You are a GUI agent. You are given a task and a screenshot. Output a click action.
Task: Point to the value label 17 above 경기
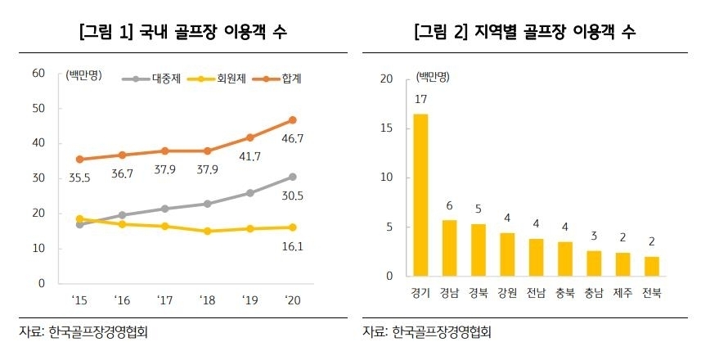coord(420,100)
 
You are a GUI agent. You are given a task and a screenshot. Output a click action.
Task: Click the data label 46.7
coord(292,139)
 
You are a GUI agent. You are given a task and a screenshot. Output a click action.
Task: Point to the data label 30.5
coord(292,196)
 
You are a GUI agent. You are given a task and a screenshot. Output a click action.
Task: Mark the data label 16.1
coord(292,245)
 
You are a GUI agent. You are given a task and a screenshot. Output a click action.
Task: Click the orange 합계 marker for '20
coord(292,120)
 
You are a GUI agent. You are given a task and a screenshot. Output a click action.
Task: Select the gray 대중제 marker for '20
coord(292,177)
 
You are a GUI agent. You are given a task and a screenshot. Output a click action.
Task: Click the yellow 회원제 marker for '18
coord(208,231)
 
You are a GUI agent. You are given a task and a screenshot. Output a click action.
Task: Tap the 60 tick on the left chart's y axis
coord(38,74)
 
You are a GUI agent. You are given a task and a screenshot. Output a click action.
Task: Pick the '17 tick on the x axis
coord(164,301)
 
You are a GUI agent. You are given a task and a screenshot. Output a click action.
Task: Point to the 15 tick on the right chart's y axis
coord(387,128)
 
